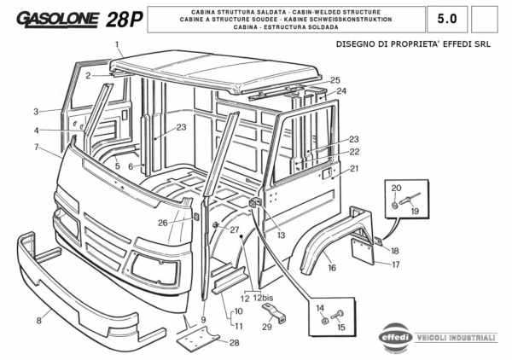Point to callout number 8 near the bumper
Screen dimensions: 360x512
(x=38, y=320)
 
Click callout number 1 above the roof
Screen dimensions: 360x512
(x=118, y=44)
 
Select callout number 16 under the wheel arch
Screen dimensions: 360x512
(x=331, y=268)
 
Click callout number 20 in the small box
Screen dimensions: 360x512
(x=396, y=188)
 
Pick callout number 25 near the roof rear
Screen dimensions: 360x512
(x=335, y=79)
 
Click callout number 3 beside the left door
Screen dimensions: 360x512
(x=37, y=112)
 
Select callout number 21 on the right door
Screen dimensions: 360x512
(x=354, y=168)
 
